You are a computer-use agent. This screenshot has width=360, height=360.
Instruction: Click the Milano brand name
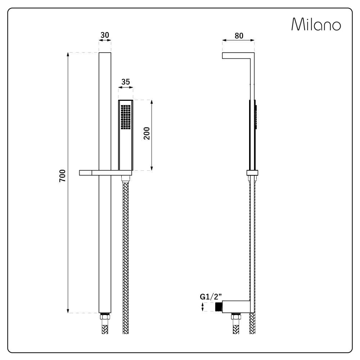[316, 25]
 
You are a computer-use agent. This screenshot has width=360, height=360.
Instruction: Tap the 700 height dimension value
[63, 175]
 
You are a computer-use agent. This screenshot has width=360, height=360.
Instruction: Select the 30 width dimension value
[105, 35]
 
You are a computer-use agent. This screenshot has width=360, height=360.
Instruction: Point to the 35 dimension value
[126, 82]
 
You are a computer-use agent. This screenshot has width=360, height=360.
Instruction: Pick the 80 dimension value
[239, 36]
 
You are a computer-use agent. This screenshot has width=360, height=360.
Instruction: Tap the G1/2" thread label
[211, 297]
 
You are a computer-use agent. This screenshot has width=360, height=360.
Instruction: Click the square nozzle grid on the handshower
[125, 117]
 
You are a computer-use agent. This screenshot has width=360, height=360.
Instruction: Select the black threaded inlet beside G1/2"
[218, 307]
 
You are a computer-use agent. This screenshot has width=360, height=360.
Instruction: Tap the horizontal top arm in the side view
[238, 55]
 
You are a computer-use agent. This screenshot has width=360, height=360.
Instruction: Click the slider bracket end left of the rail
[86, 173]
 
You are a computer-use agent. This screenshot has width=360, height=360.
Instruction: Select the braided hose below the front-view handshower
[126, 252]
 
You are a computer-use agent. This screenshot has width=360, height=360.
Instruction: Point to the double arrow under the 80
[238, 41]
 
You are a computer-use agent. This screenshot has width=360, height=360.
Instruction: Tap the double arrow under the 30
[105, 40]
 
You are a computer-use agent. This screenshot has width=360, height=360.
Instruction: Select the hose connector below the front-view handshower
[126, 178]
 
